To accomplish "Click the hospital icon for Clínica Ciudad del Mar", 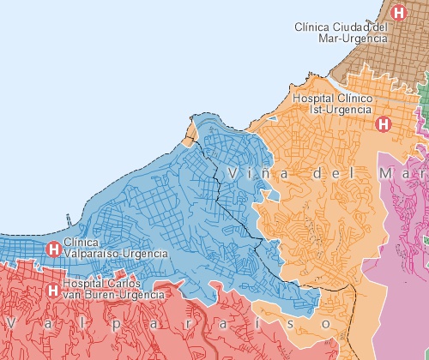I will click(398, 13).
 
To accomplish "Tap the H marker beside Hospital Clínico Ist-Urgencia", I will click(384, 123).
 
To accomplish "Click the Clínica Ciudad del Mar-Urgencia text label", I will click(341, 33).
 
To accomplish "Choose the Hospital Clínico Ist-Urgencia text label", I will click(332, 105).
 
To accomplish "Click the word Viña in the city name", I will click(253, 174).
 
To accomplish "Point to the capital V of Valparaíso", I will click(11, 323).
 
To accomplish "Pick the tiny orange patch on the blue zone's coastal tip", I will click(190, 134).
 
